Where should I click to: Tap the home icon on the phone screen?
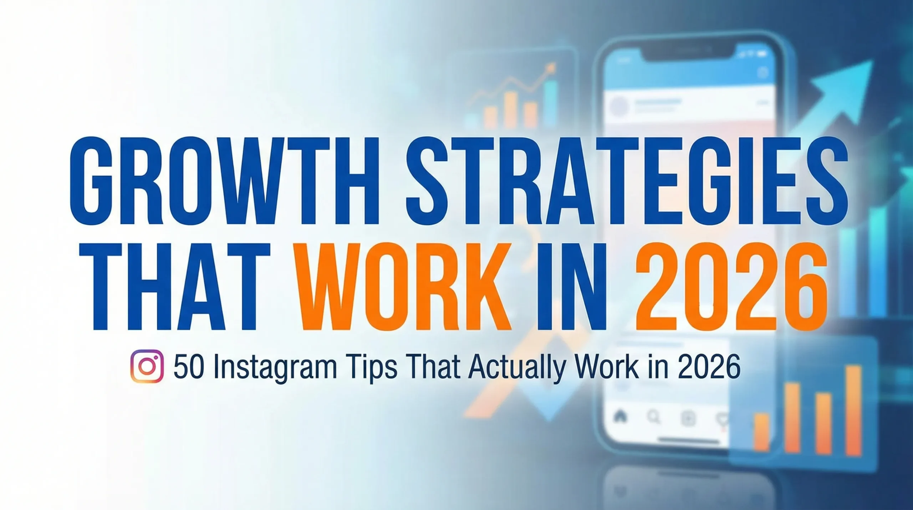(621, 416)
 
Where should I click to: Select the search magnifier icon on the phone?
(654, 416)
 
